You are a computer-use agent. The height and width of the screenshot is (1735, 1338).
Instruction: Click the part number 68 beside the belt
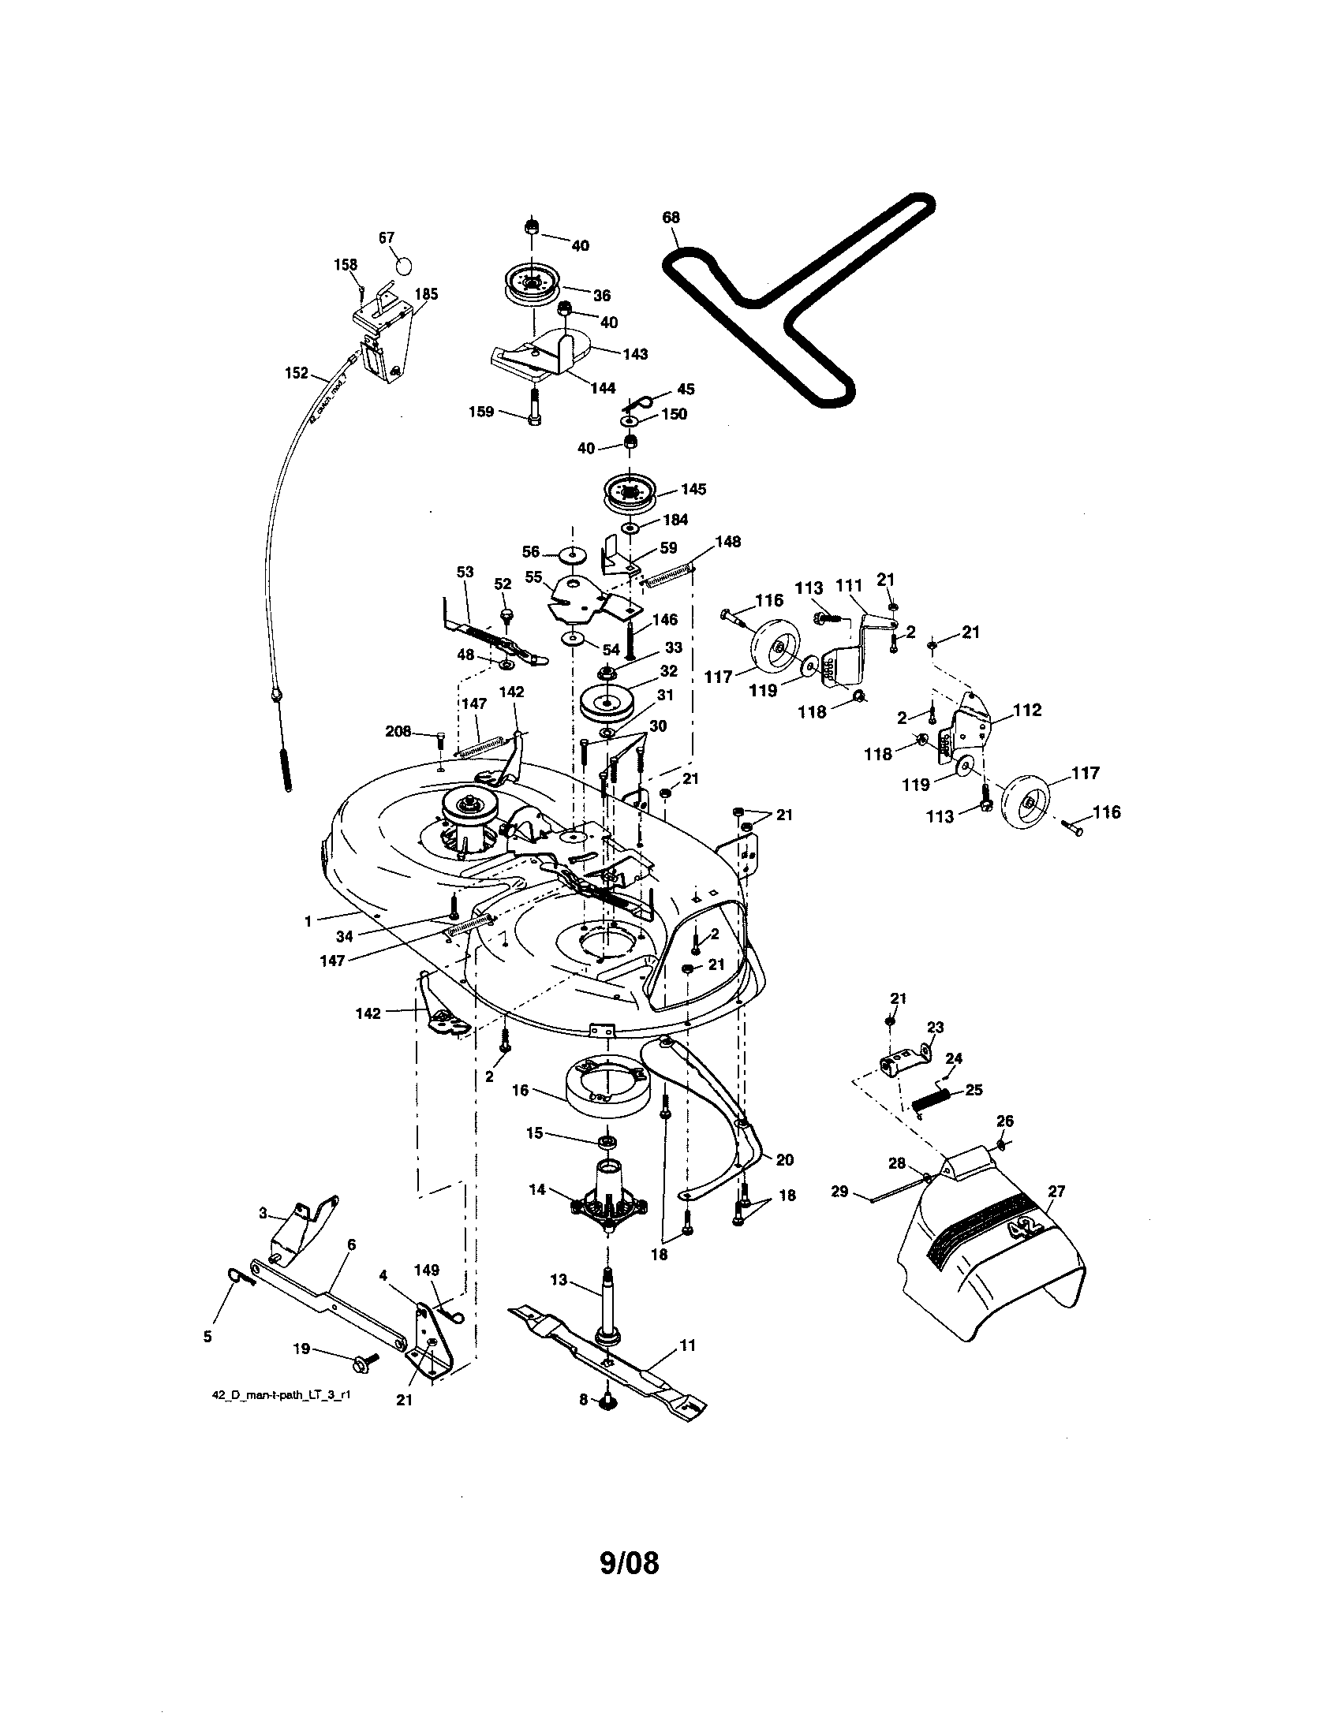click(671, 217)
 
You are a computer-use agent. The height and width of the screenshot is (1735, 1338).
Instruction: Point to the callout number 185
click(426, 294)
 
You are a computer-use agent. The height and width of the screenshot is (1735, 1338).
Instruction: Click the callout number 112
click(1026, 710)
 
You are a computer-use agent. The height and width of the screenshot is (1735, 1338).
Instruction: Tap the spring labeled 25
click(930, 1101)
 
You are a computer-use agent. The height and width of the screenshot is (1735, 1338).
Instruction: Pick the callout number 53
click(465, 572)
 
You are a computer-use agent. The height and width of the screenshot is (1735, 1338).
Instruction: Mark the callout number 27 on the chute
click(1056, 1191)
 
